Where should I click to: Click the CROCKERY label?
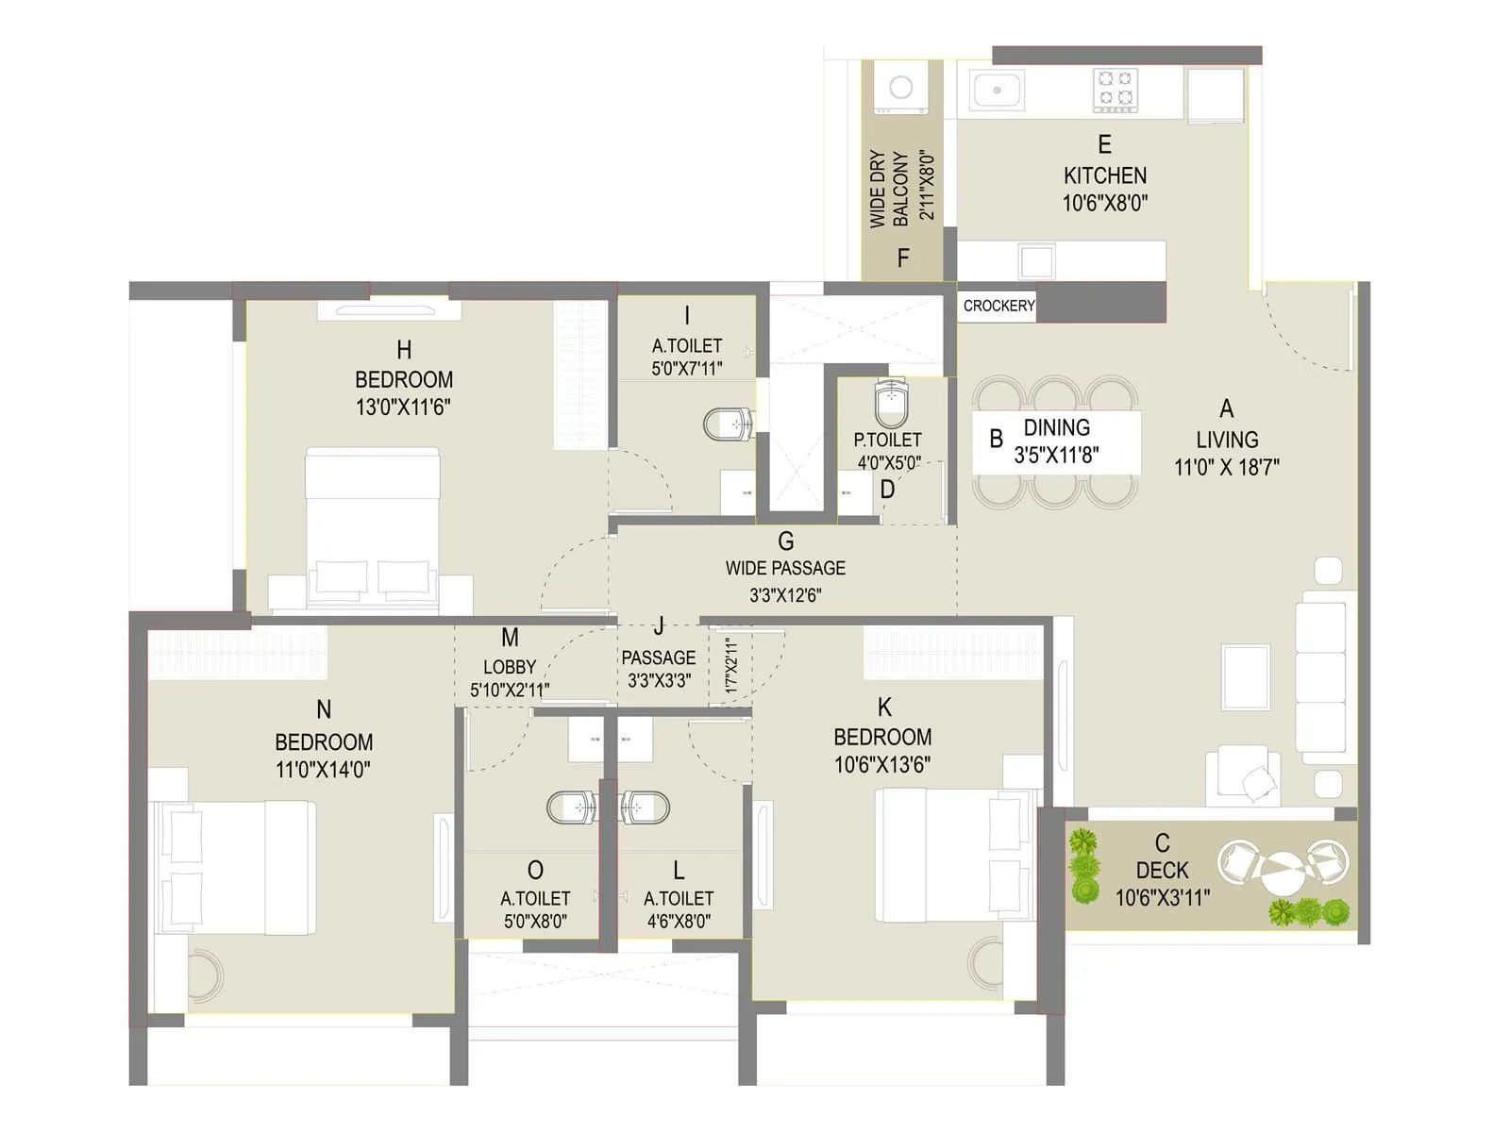998,306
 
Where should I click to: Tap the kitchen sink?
997,91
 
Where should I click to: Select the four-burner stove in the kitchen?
1116,91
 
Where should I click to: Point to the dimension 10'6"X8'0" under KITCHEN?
1104,203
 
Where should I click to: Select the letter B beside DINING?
996,439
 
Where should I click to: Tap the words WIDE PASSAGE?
785,568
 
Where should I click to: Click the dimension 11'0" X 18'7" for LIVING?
1226,467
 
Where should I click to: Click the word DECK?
1162,870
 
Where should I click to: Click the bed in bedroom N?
236,867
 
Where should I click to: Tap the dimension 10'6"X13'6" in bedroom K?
882,764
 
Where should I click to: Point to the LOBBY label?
510,667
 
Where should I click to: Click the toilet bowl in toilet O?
572,807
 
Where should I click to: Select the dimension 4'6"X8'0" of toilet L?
678,921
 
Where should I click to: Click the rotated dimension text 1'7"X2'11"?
730,666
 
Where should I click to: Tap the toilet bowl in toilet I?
729,424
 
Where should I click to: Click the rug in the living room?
1246,676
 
